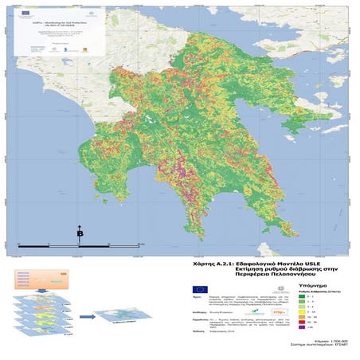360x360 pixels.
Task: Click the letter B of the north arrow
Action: [80, 234]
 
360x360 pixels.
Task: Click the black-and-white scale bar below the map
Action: [80, 243]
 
